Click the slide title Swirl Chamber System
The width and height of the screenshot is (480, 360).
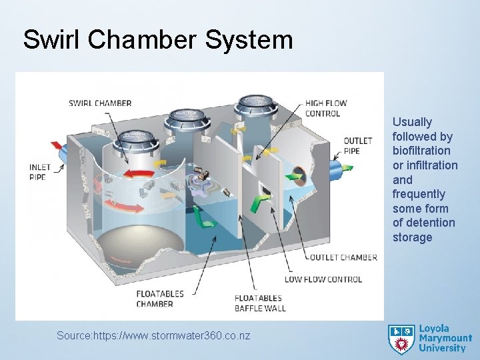[158, 39]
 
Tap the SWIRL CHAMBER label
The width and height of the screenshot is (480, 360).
[100, 103]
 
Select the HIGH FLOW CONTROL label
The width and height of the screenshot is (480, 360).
[326, 108]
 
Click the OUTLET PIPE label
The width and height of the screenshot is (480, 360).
[357, 145]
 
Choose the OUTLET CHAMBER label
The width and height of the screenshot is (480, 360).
[341, 257]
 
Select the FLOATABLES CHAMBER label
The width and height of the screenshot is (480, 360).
[155, 299]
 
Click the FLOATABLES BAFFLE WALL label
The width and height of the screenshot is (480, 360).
[259, 303]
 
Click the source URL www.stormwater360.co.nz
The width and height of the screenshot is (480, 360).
[153, 336]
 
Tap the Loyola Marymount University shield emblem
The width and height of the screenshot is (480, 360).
[401, 339]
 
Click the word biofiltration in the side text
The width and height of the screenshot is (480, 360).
[421, 151]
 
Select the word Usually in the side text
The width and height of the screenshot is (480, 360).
[412, 122]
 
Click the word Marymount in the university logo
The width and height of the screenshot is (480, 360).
[445, 339]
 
